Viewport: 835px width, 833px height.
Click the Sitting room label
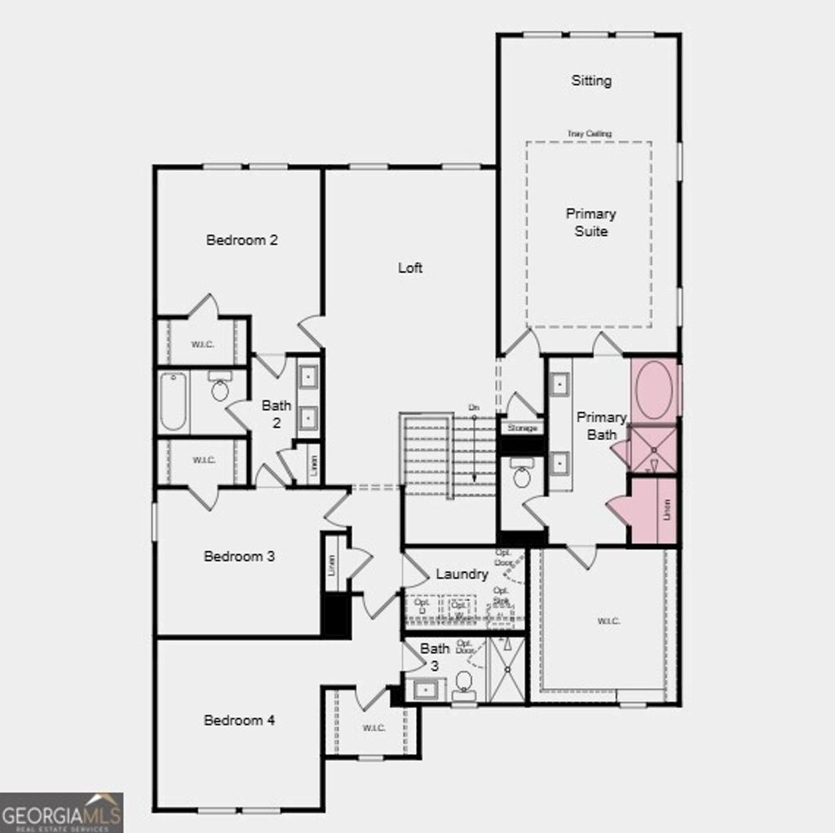coord(591,81)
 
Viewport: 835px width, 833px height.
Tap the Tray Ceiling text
coord(590,134)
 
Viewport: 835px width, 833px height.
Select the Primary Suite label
coord(591,222)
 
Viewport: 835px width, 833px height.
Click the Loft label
coord(410,267)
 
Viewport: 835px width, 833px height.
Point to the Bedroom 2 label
coord(242,240)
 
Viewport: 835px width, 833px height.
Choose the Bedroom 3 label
coord(239,556)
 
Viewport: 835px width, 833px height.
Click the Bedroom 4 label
coord(239,720)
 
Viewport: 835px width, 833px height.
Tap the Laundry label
coord(462,574)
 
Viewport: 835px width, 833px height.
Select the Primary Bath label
coord(602,425)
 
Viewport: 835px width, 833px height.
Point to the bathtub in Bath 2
coord(173,401)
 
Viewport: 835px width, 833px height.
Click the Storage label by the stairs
coord(523,428)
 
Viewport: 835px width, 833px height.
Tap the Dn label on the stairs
coord(474,407)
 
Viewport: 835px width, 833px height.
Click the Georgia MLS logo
coord(62,812)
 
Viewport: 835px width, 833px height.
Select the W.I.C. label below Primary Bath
coord(608,621)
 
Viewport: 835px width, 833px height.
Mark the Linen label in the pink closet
coord(666,511)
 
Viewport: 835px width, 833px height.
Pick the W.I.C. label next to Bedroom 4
coord(373,727)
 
